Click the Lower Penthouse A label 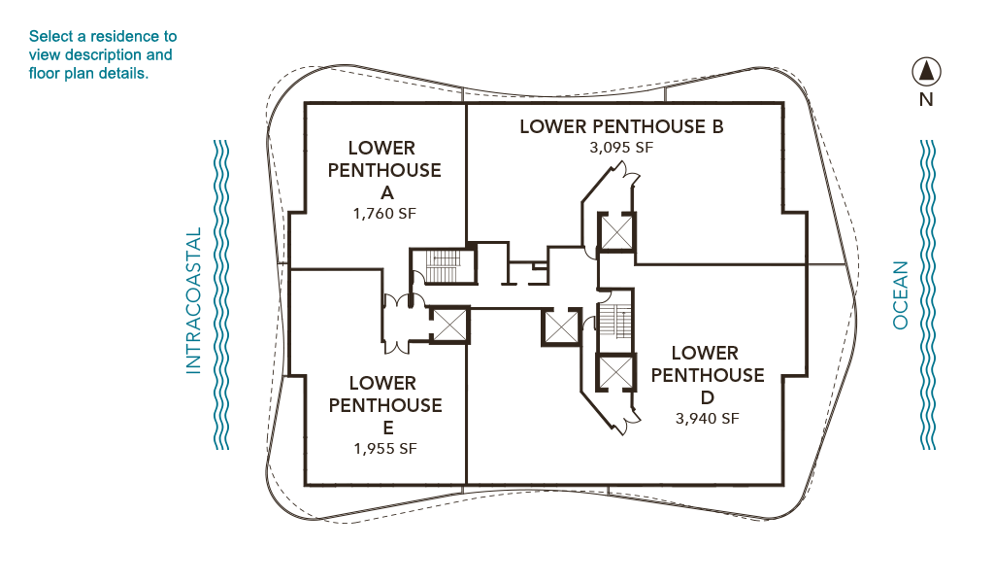(384, 170)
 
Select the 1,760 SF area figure (384, 214)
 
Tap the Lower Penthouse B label (621, 127)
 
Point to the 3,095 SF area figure (621, 148)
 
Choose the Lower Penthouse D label (707, 375)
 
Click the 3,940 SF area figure (707, 419)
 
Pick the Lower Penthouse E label (385, 405)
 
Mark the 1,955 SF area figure (385, 449)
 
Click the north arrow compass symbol (926, 72)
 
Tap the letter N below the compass (926, 100)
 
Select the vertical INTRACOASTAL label (193, 300)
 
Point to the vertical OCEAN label (900, 295)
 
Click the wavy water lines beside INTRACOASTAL (221, 295)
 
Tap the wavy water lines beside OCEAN (927, 295)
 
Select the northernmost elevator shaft (615, 232)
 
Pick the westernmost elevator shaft (448, 325)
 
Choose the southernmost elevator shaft (615, 372)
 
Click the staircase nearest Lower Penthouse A (443, 266)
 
